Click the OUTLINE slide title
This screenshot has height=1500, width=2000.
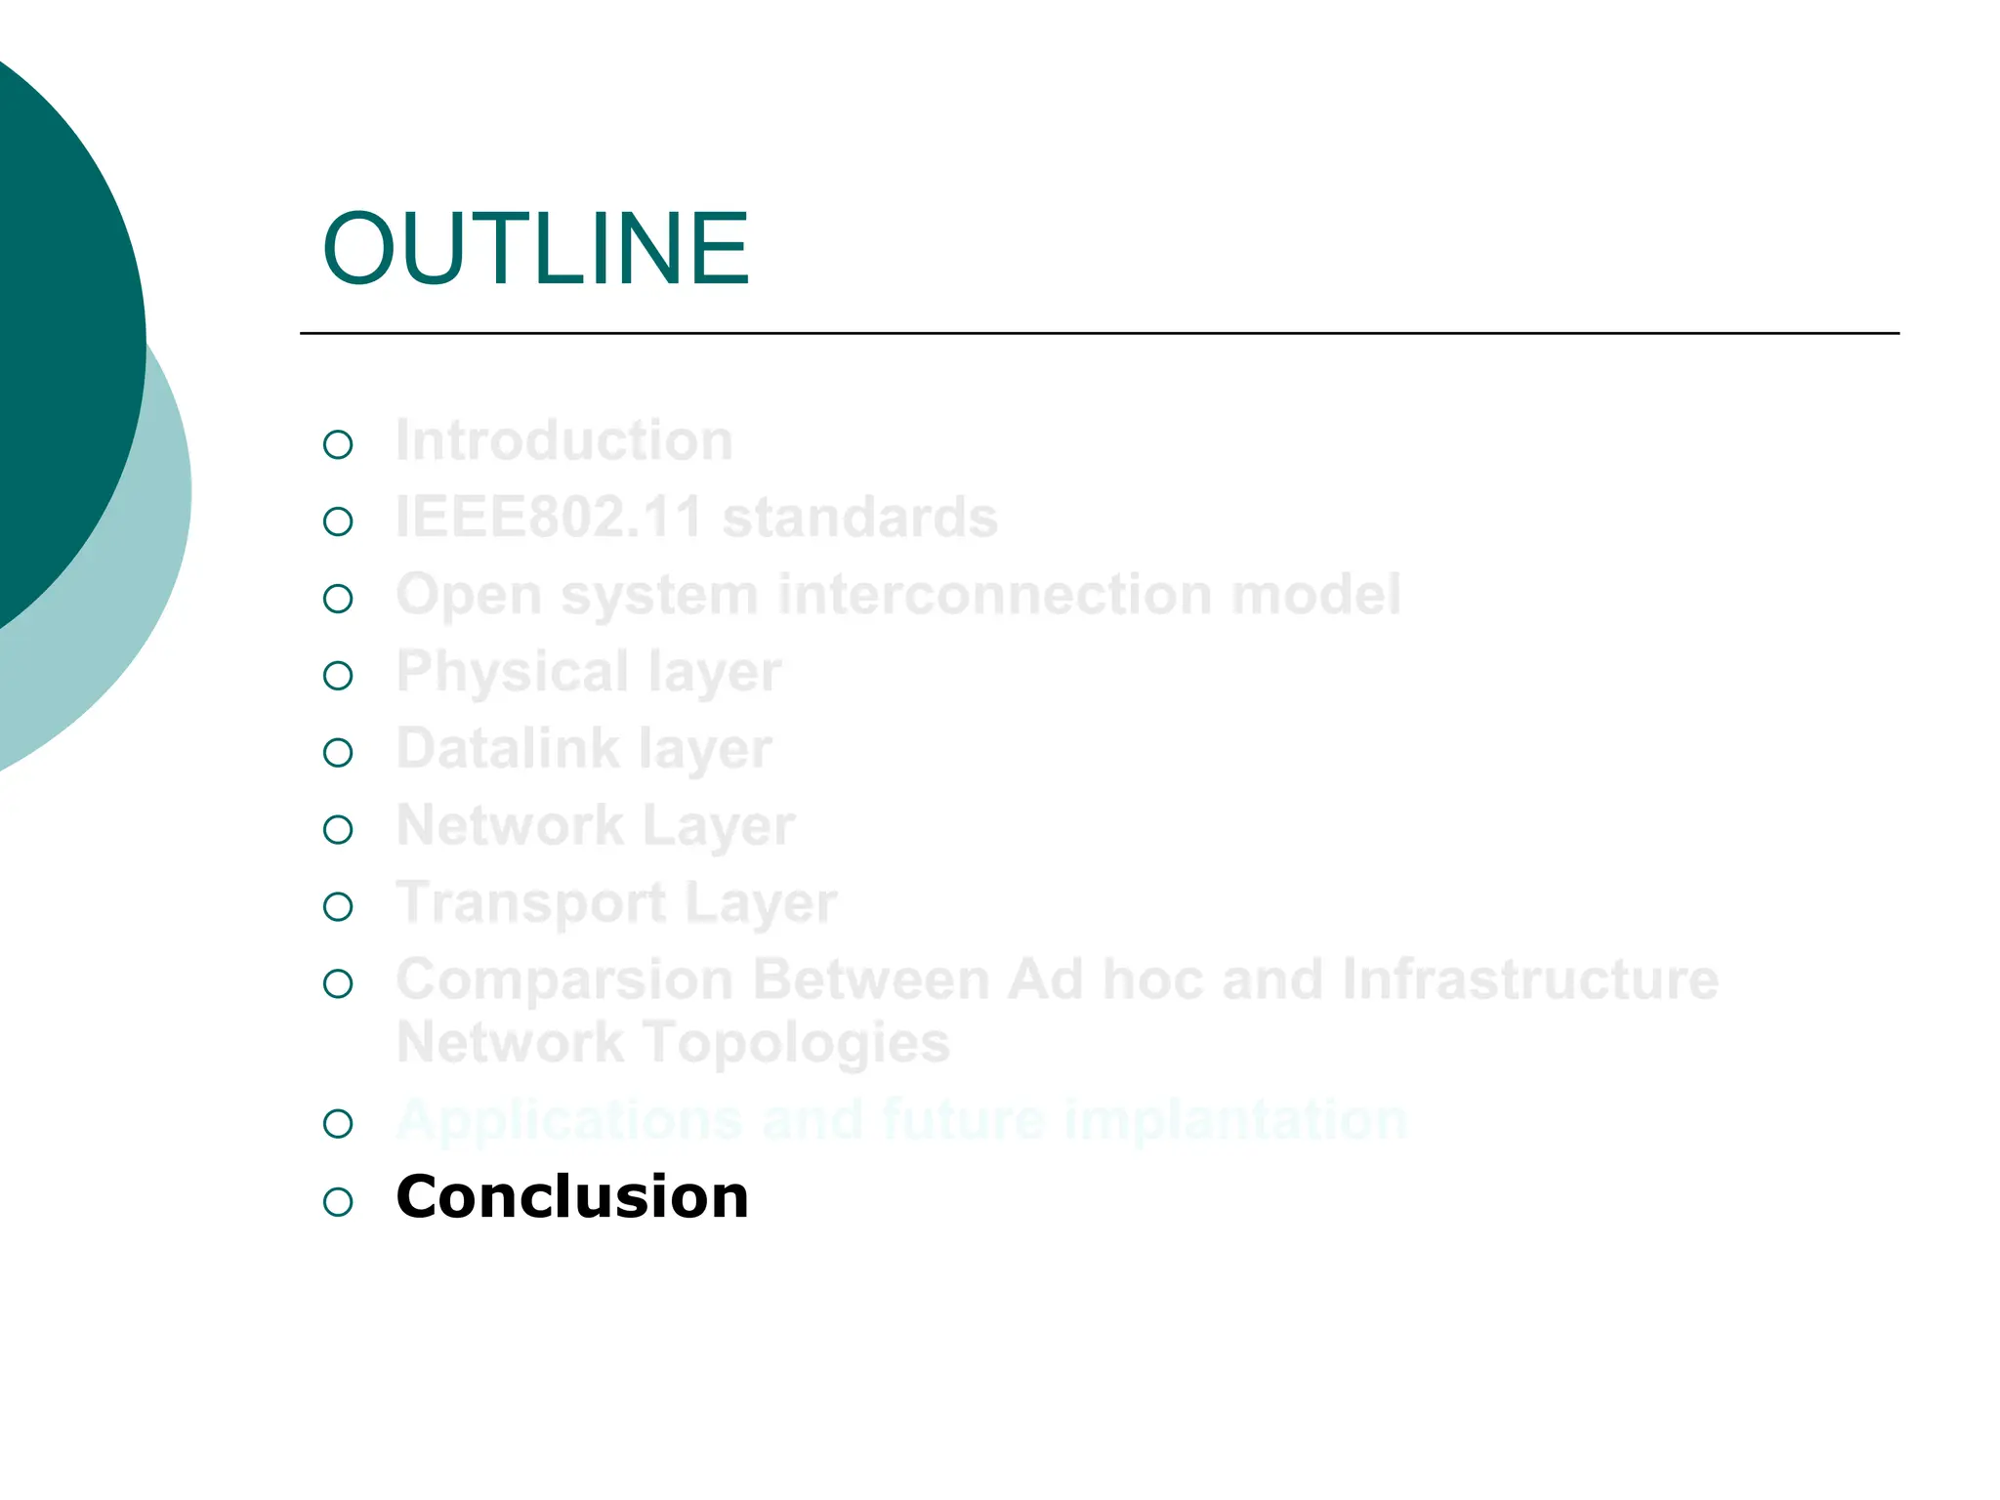click(x=535, y=250)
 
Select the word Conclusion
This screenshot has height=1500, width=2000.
click(x=572, y=1197)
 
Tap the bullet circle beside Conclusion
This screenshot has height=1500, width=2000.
click(x=338, y=1201)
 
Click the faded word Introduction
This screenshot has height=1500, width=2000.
click(x=564, y=440)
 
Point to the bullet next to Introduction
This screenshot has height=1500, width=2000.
click(x=338, y=445)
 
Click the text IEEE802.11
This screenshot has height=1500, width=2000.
click(x=549, y=517)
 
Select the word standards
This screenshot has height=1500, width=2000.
click(x=860, y=517)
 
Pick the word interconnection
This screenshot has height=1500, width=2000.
click(x=994, y=594)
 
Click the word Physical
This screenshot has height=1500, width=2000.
click(x=512, y=673)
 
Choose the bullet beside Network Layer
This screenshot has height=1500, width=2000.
click(x=338, y=830)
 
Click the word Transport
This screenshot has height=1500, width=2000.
click(x=530, y=903)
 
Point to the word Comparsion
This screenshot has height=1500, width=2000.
click(x=564, y=980)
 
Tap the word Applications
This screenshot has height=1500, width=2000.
click(x=569, y=1121)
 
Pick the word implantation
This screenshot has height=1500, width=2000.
click(x=1235, y=1119)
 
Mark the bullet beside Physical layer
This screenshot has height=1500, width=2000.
click(x=338, y=676)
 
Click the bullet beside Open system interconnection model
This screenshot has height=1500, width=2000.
click(x=338, y=599)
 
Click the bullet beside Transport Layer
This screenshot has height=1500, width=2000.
click(x=338, y=907)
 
